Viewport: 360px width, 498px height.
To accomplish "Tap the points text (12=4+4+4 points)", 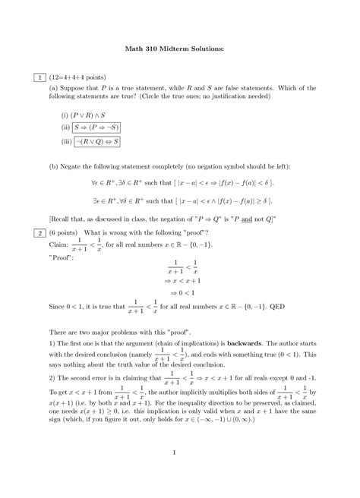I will [78, 77].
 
